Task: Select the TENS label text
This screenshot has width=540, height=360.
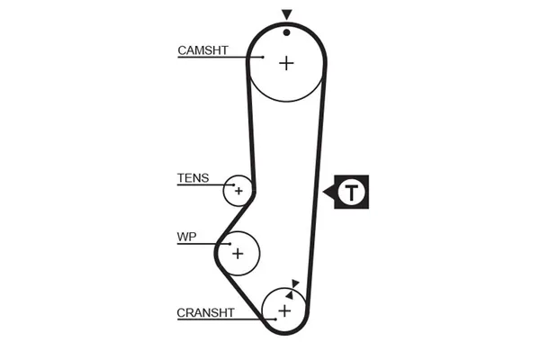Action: tap(193, 178)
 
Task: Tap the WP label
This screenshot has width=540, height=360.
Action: tap(187, 238)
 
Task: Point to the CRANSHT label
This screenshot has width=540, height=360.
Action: tap(205, 312)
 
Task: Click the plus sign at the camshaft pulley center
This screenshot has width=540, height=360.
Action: tap(286, 63)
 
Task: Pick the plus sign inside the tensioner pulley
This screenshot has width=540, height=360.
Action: tap(238, 191)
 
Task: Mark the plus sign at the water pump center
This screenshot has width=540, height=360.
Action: tap(238, 253)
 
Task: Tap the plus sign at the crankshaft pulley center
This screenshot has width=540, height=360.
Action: tap(284, 311)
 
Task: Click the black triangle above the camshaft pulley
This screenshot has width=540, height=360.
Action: tap(286, 14)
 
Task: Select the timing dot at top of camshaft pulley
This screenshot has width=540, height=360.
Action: tap(286, 31)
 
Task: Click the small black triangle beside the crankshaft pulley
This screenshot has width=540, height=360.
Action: tap(295, 284)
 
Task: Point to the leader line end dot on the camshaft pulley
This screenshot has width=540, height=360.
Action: tap(263, 58)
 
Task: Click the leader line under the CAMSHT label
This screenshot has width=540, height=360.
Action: tap(216, 58)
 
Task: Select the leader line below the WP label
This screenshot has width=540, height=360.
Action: tap(200, 244)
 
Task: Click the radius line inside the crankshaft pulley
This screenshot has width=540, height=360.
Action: tap(289, 301)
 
